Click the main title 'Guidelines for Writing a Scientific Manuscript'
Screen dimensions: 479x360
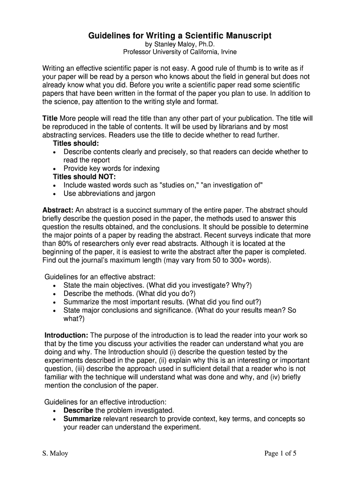pyautogui.click(x=180, y=36)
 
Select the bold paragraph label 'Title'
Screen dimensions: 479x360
pyautogui.click(x=50, y=118)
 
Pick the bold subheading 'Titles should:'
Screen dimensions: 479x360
pyautogui.click(x=76, y=144)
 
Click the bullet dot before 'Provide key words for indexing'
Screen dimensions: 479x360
pyautogui.click(x=56, y=168)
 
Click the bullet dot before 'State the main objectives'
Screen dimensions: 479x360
pyautogui.click(x=56, y=286)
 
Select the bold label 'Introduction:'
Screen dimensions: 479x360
pyautogui.click(x=66, y=335)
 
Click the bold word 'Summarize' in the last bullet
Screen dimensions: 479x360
pyautogui.click(x=82, y=419)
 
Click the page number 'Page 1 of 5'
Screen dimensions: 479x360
pyautogui.click(x=281, y=453)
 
